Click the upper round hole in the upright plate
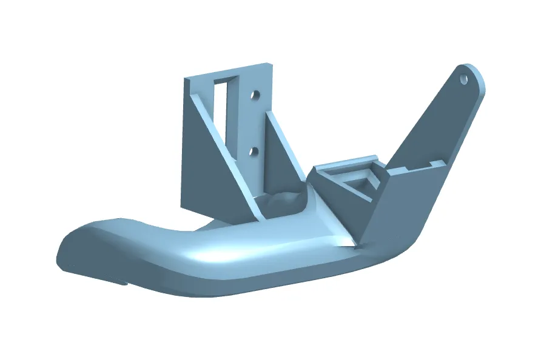click(255, 95)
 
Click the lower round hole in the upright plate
click(255, 149)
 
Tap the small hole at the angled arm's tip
click(465, 79)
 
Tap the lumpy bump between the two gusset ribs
click(281, 200)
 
